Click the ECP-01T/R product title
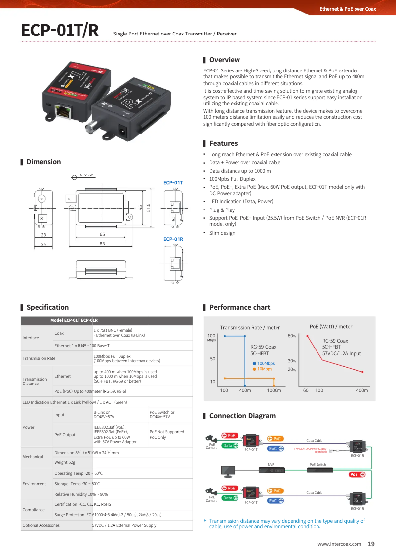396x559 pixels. click(60, 31)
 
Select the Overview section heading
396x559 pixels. click(224, 60)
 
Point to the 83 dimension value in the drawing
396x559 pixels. click(102, 244)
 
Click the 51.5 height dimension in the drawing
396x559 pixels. click(148, 208)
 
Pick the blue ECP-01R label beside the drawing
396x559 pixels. click(173, 239)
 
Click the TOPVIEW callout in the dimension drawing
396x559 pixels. click(85, 175)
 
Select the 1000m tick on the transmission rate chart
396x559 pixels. click(274, 390)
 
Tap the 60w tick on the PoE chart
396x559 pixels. click(292, 336)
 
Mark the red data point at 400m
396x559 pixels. click(362, 372)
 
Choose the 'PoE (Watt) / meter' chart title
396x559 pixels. click(330, 327)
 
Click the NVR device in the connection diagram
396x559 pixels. click(271, 471)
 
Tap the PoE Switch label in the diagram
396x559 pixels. click(317, 464)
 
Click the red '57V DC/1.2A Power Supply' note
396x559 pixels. click(310, 450)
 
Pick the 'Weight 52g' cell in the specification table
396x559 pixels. click(65, 462)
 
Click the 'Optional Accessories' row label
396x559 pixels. click(41, 525)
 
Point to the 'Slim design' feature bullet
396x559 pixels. click(222, 233)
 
